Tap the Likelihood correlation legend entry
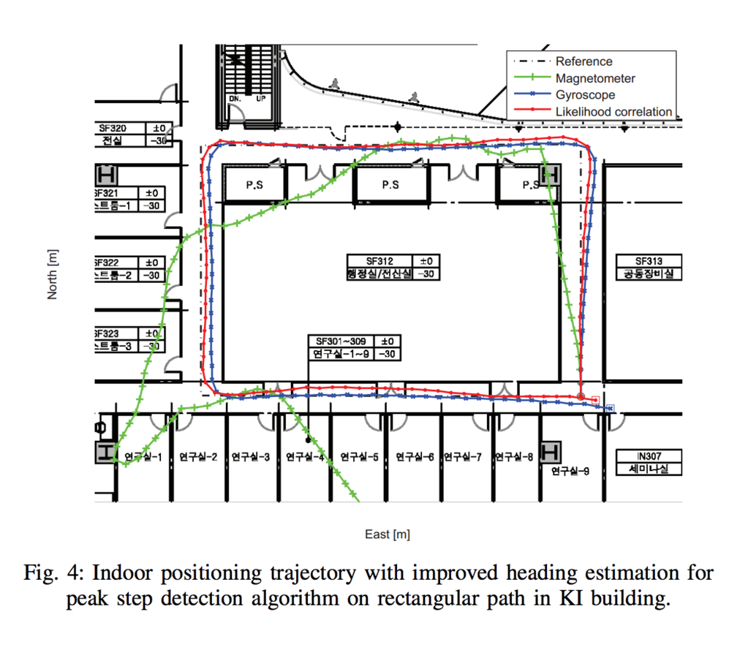click(x=613, y=112)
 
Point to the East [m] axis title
click(x=388, y=534)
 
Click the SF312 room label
click(x=379, y=261)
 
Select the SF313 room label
click(x=649, y=261)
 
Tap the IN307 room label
click(x=649, y=455)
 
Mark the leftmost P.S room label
click(x=254, y=185)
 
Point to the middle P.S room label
click(x=390, y=185)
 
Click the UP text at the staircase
click(x=261, y=98)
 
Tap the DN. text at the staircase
click(x=235, y=98)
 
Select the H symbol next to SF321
click(x=106, y=175)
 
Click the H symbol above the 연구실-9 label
click(x=550, y=451)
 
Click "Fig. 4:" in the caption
click(x=50, y=572)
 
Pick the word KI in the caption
click(x=581, y=599)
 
